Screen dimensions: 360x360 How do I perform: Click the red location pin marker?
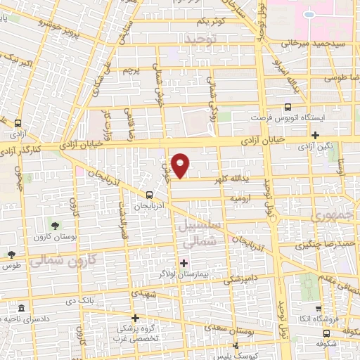[x=181, y=165]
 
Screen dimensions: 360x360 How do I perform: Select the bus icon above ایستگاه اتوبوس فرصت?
[x=288, y=108]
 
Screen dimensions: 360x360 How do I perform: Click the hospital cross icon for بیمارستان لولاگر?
[x=184, y=264]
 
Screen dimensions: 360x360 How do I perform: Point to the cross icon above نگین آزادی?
[x=316, y=136]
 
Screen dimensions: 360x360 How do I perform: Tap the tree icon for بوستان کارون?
[x=55, y=226]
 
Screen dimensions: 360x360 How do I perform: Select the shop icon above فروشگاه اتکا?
[x=318, y=308]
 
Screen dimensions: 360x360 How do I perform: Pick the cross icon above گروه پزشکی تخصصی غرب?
[x=135, y=318]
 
